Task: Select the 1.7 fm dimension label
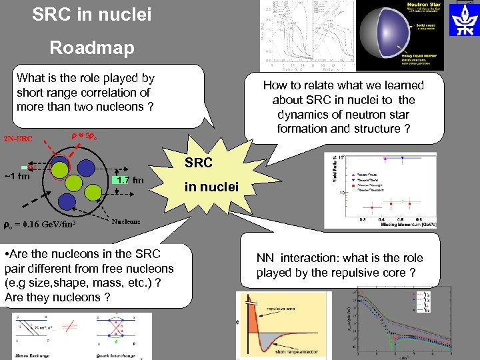point(129,180)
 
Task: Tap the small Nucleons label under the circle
point(126,223)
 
